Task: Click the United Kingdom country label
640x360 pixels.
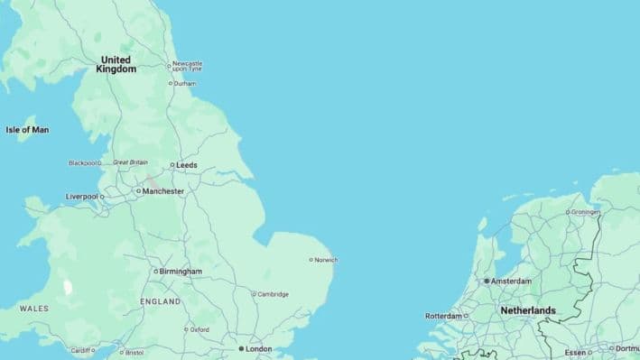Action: coord(116,64)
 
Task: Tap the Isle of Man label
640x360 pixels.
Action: coord(27,130)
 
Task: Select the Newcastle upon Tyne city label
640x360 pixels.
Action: coord(188,66)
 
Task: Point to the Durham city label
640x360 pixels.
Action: coord(184,83)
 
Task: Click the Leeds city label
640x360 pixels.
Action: coord(186,165)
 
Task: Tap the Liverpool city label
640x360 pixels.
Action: coord(81,197)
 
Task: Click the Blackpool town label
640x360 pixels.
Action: coord(83,163)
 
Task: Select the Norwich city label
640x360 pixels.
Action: coord(325,260)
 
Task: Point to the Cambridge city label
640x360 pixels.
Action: coord(273,294)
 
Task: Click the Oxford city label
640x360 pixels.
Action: coord(199,330)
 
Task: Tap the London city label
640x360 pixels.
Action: coord(258,348)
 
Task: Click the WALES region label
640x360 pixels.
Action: coord(33,309)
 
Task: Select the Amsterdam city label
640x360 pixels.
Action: coord(511,282)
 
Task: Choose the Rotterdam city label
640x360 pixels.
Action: coord(443,317)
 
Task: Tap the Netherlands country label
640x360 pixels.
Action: coord(528,310)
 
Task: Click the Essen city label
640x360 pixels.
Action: coord(575,353)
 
